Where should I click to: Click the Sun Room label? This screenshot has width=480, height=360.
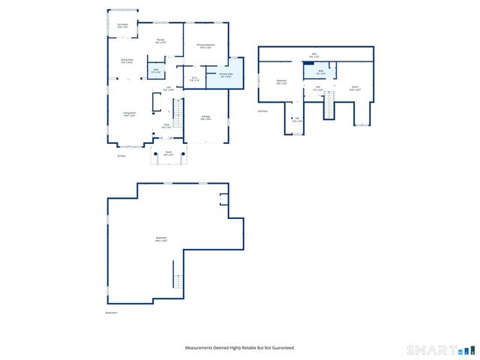(122, 25)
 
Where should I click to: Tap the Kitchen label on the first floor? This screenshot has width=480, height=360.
(160, 41)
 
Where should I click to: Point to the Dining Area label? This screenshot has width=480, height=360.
(127, 61)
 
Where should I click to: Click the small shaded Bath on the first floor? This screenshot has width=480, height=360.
(156, 71)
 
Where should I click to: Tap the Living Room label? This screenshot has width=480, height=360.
(129, 114)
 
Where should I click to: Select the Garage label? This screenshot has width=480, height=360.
(205, 117)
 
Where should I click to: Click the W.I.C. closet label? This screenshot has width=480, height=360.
(193, 78)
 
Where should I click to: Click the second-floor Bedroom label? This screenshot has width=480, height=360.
(281, 82)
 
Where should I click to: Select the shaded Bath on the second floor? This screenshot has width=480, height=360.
(320, 72)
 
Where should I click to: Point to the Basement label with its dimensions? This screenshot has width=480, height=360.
(160, 239)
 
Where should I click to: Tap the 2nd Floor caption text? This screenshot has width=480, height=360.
(262, 111)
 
